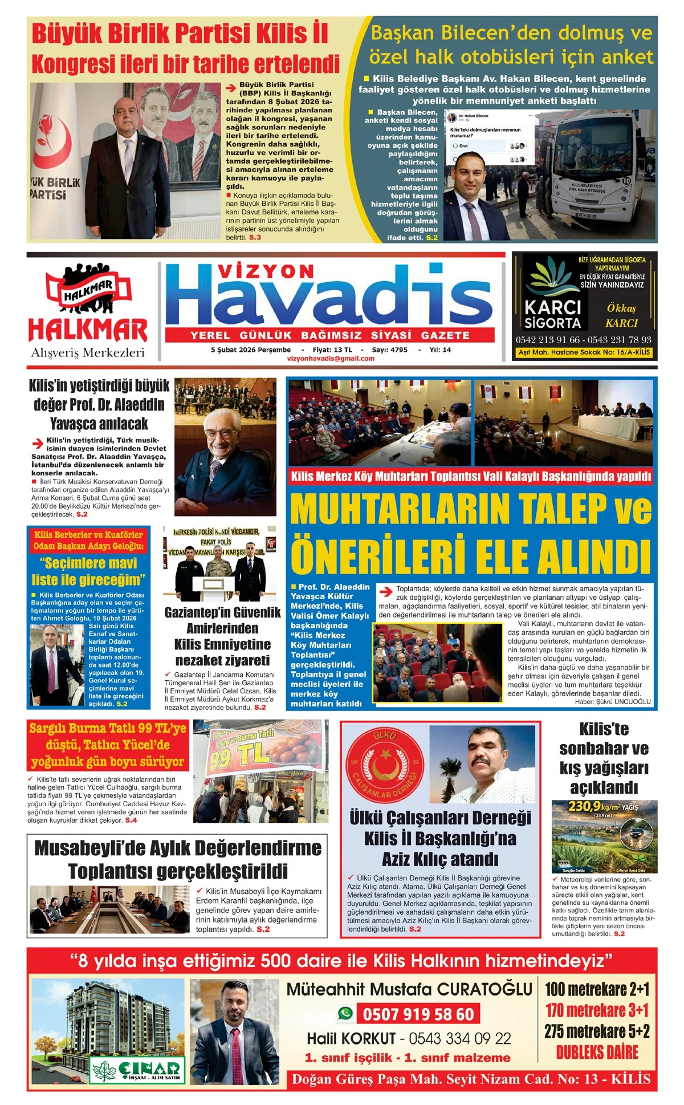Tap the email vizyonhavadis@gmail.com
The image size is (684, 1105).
point(331,359)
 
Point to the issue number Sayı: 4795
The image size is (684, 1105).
point(389,350)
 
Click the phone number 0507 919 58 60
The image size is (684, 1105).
point(418,1014)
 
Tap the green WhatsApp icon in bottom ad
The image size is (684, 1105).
point(345,1013)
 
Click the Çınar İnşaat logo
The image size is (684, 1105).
point(137,1070)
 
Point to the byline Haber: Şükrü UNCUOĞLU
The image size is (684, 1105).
point(612,702)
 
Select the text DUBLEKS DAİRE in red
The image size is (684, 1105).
point(597,1052)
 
